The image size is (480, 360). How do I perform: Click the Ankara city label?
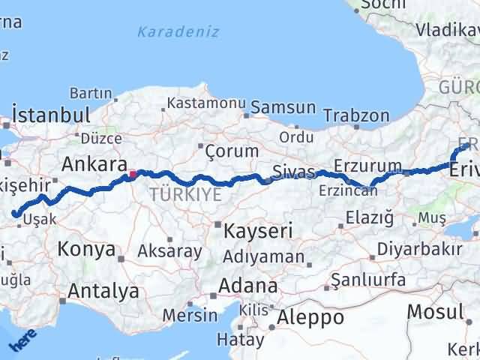pyautogui.click(x=93, y=164)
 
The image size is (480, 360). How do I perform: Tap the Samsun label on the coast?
pyautogui.click(x=283, y=107)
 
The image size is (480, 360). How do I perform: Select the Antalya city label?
pyautogui.click(x=103, y=290)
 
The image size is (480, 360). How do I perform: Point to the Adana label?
pyautogui.click(x=247, y=286)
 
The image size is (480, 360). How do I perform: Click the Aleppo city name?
pyautogui.click(x=310, y=317)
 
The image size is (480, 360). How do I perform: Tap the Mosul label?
pyautogui.click(x=436, y=311)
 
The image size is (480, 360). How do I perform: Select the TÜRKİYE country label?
pyautogui.click(x=185, y=195)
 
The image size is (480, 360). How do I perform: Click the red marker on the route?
pyautogui.click(x=133, y=175)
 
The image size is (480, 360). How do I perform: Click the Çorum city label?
pyautogui.click(x=233, y=151)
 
